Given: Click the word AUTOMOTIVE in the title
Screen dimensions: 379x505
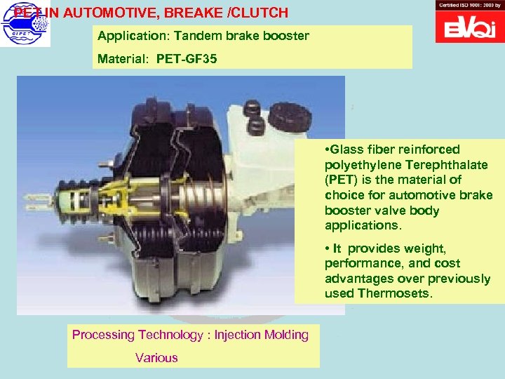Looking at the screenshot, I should (x=107, y=13).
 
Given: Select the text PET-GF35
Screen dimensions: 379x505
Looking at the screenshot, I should (x=187, y=59).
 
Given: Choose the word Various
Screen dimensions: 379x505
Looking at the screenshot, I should (x=157, y=358).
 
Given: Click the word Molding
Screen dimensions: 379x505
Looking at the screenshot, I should (x=286, y=335).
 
